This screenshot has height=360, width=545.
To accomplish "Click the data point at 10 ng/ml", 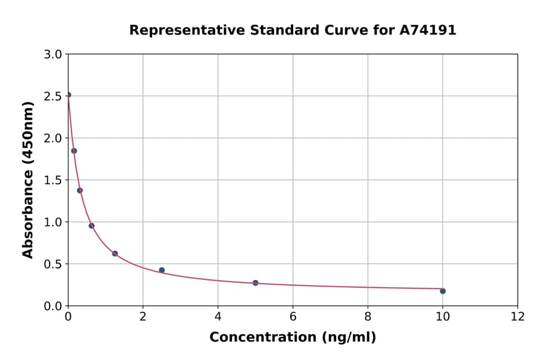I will tap(443, 291).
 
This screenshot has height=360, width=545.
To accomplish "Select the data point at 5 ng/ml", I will tap(256, 283).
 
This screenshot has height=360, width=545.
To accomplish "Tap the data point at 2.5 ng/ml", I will tap(162, 270).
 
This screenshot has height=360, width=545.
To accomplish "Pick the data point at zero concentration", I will tap(68, 95).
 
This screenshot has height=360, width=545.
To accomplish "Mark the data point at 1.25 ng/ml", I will tap(115, 253).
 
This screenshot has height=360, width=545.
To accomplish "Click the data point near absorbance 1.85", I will tap(74, 151).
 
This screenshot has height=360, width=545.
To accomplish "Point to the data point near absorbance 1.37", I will tap(80, 190).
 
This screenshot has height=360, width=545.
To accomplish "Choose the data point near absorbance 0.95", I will tap(91, 225).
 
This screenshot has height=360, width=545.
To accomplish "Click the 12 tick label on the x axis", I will tap(518, 316).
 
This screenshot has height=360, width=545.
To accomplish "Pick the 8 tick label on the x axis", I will tap(368, 316).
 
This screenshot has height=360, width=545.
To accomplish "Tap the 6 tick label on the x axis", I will tap(293, 316).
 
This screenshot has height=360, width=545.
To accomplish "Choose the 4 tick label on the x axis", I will tap(218, 316).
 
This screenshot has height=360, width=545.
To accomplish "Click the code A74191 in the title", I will tap(428, 30).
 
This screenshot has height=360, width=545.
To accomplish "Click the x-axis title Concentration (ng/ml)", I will tap(292, 338).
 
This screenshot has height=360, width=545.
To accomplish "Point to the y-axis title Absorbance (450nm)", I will tap(28, 179).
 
